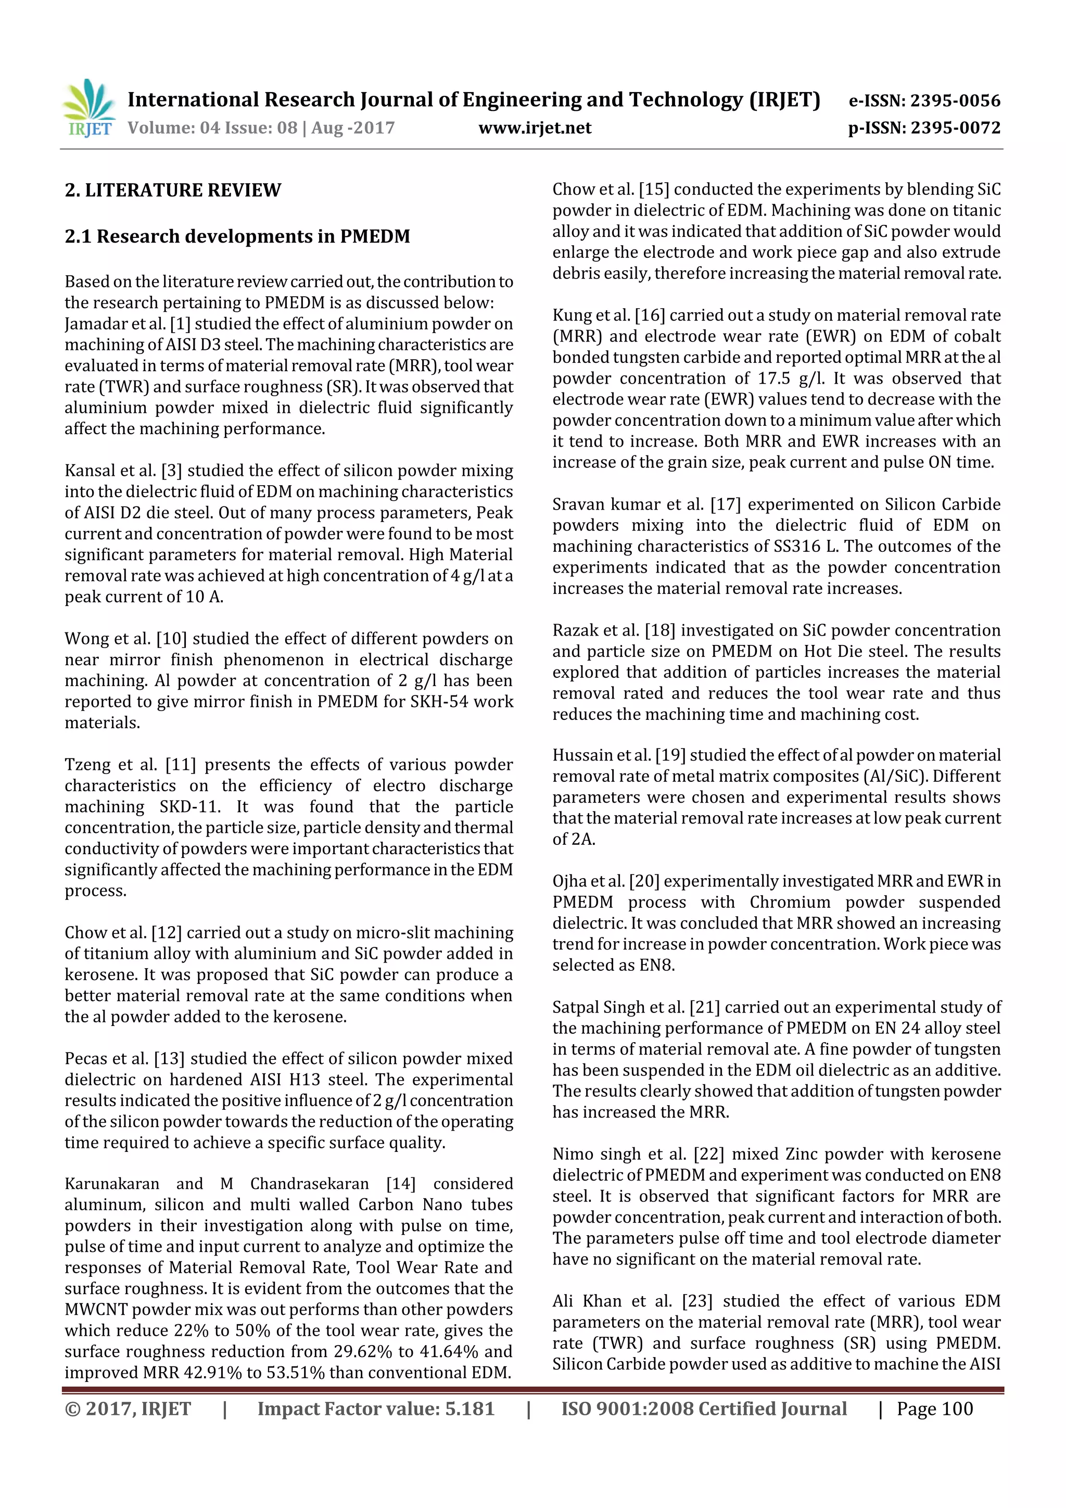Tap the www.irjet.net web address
click(535, 128)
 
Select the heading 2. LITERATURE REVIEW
click(173, 191)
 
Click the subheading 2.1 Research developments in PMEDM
click(237, 236)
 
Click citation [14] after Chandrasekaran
click(401, 1184)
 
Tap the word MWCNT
click(96, 1310)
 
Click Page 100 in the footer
click(935, 1409)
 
